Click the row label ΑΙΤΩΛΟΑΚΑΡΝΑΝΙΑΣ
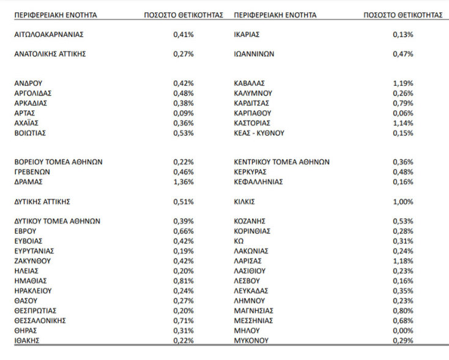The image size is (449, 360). (48, 34)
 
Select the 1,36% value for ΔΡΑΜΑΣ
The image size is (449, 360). (184, 182)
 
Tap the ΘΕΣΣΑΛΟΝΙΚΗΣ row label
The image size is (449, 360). (40, 320)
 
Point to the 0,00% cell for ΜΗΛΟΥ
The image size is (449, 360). (403, 330)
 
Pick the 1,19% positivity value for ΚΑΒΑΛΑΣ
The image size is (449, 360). (403, 83)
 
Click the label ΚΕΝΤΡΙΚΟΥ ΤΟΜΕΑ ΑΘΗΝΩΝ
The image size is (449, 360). (281, 162)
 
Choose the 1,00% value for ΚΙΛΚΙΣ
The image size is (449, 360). (403, 201)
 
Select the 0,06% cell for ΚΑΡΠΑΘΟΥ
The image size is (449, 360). (403, 113)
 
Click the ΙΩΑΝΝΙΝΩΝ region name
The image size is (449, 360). (254, 54)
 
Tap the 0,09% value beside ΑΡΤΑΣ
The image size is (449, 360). (184, 113)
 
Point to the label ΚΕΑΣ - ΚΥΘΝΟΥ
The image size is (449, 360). (259, 133)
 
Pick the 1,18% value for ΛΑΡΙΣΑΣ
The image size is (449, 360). (403, 261)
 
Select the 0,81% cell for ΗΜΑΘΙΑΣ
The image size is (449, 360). (184, 280)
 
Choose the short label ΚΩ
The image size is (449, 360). (239, 241)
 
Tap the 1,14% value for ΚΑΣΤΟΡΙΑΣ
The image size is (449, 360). (403, 123)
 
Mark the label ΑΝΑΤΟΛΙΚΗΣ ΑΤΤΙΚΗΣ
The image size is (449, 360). (50, 54)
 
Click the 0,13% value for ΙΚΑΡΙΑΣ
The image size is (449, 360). (403, 34)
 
